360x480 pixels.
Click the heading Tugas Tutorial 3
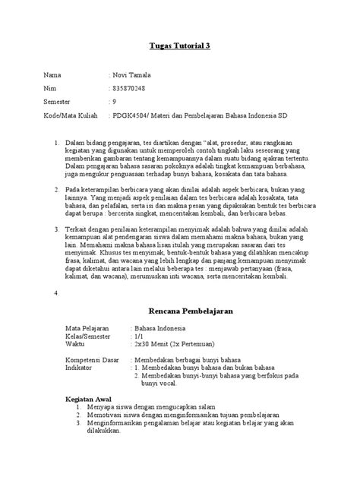tap(179, 46)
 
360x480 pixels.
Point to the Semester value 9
tap(115, 102)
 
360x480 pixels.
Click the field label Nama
tap(52, 76)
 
